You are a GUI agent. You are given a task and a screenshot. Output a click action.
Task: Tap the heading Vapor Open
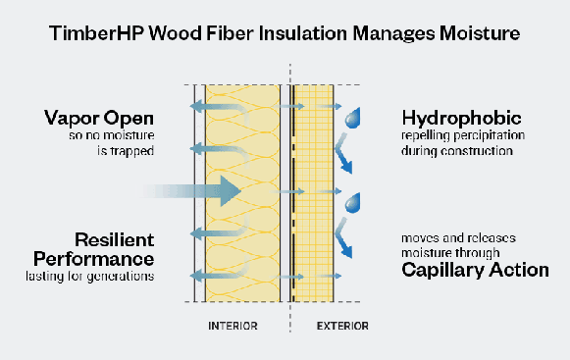click(98, 118)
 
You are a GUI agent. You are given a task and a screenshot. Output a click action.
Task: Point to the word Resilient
click(115, 239)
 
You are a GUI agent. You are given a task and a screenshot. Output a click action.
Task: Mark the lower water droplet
click(353, 205)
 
